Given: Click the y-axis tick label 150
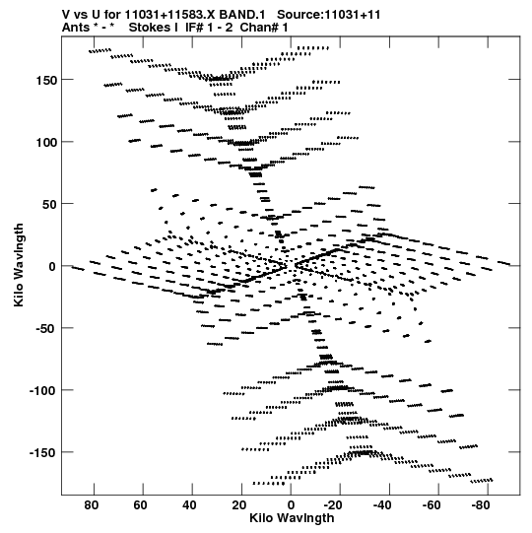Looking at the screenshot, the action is [46, 81].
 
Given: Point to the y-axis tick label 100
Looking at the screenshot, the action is [46, 143].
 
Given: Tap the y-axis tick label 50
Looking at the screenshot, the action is [49, 205].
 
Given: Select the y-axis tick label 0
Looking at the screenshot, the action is [52, 267].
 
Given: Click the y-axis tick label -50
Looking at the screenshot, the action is [45, 329].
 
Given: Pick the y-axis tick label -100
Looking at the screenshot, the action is [42, 391].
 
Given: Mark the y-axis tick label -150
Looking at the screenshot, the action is [42, 453].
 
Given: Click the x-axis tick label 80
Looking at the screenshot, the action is [92, 505].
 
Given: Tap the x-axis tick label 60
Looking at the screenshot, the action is [141, 505].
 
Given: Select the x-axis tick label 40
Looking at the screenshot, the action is [190, 505].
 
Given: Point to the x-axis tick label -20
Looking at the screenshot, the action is [333, 505].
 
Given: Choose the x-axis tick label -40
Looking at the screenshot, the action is [382, 505].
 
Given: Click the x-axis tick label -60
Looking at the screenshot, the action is [432, 505].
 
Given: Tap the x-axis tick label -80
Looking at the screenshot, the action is [481, 505].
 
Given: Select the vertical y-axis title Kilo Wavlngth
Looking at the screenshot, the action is [19, 265].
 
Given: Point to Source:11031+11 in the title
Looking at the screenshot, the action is [328, 15].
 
